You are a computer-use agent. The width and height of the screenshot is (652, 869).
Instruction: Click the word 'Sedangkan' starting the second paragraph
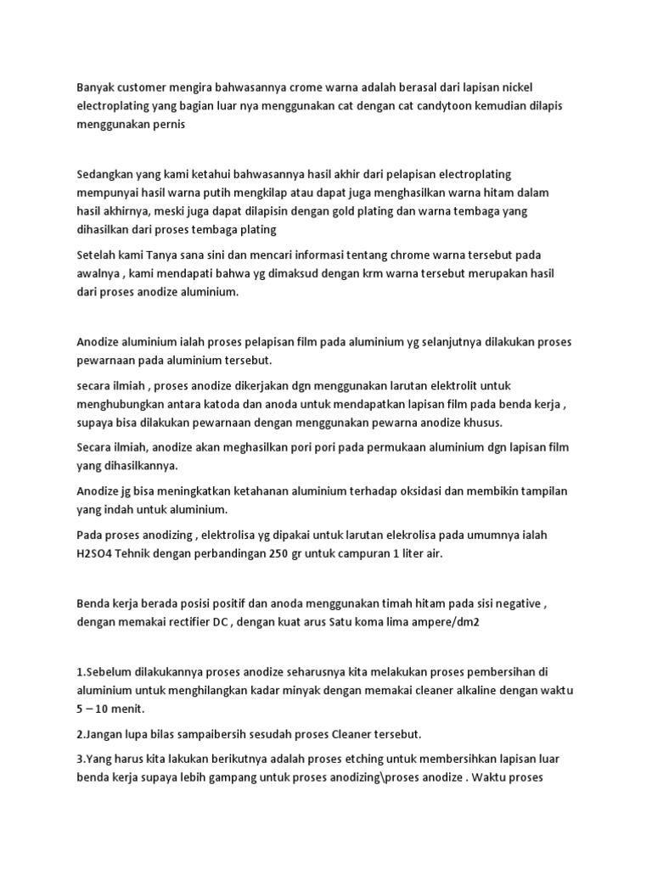(105, 174)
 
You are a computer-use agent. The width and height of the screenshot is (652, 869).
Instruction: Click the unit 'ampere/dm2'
(429, 621)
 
